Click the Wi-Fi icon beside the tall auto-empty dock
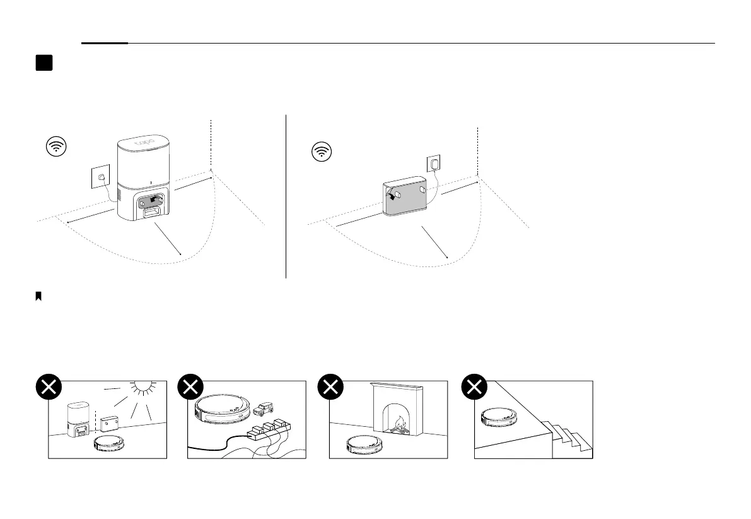[x=57, y=147]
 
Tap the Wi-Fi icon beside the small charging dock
[x=323, y=152]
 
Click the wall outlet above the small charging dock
[x=434, y=164]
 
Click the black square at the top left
[x=44, y=63]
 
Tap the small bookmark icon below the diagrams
[x=38, y=296]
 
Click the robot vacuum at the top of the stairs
[x=500, y=417]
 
